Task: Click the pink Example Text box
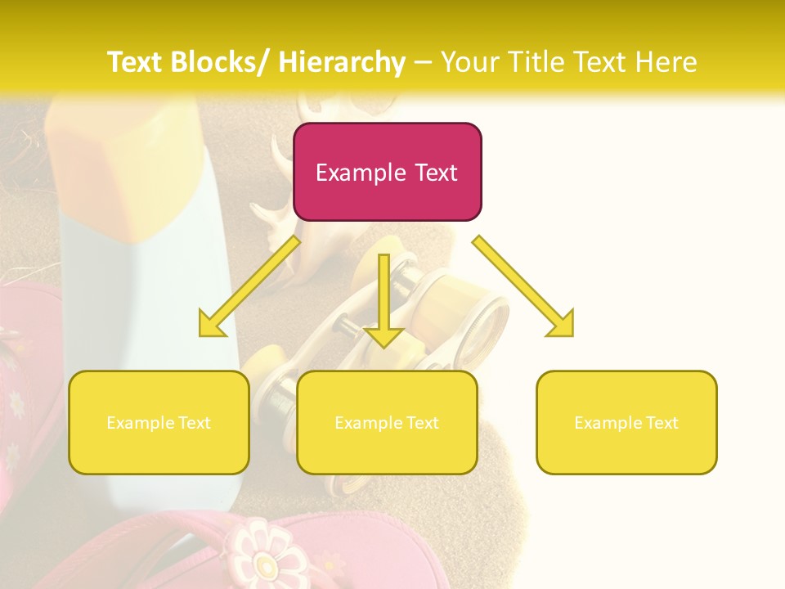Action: pos(387,172)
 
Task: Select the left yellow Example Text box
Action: pos(159,422)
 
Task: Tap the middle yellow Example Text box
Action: pos(387,422)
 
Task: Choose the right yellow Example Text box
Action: pos(626,422)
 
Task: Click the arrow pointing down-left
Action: pos(250,286)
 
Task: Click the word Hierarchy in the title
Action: pos(341,62)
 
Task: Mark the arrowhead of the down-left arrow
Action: pos(211,324)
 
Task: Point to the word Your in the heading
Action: pos(469,62)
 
